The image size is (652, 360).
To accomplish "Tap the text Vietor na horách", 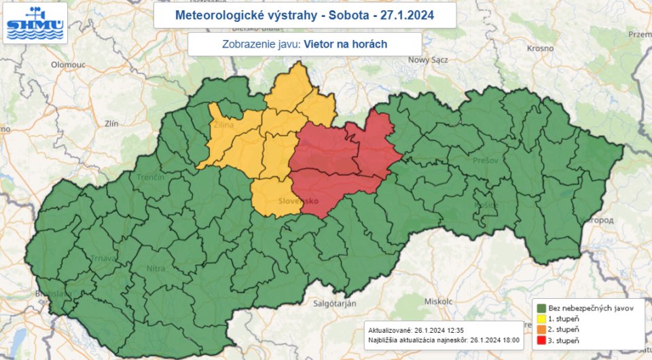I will pos(346,44).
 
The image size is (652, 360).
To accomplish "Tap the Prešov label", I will pos(482,161).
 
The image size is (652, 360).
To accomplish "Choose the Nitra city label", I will pos(156,269).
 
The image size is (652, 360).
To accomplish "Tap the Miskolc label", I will pos(438,300).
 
